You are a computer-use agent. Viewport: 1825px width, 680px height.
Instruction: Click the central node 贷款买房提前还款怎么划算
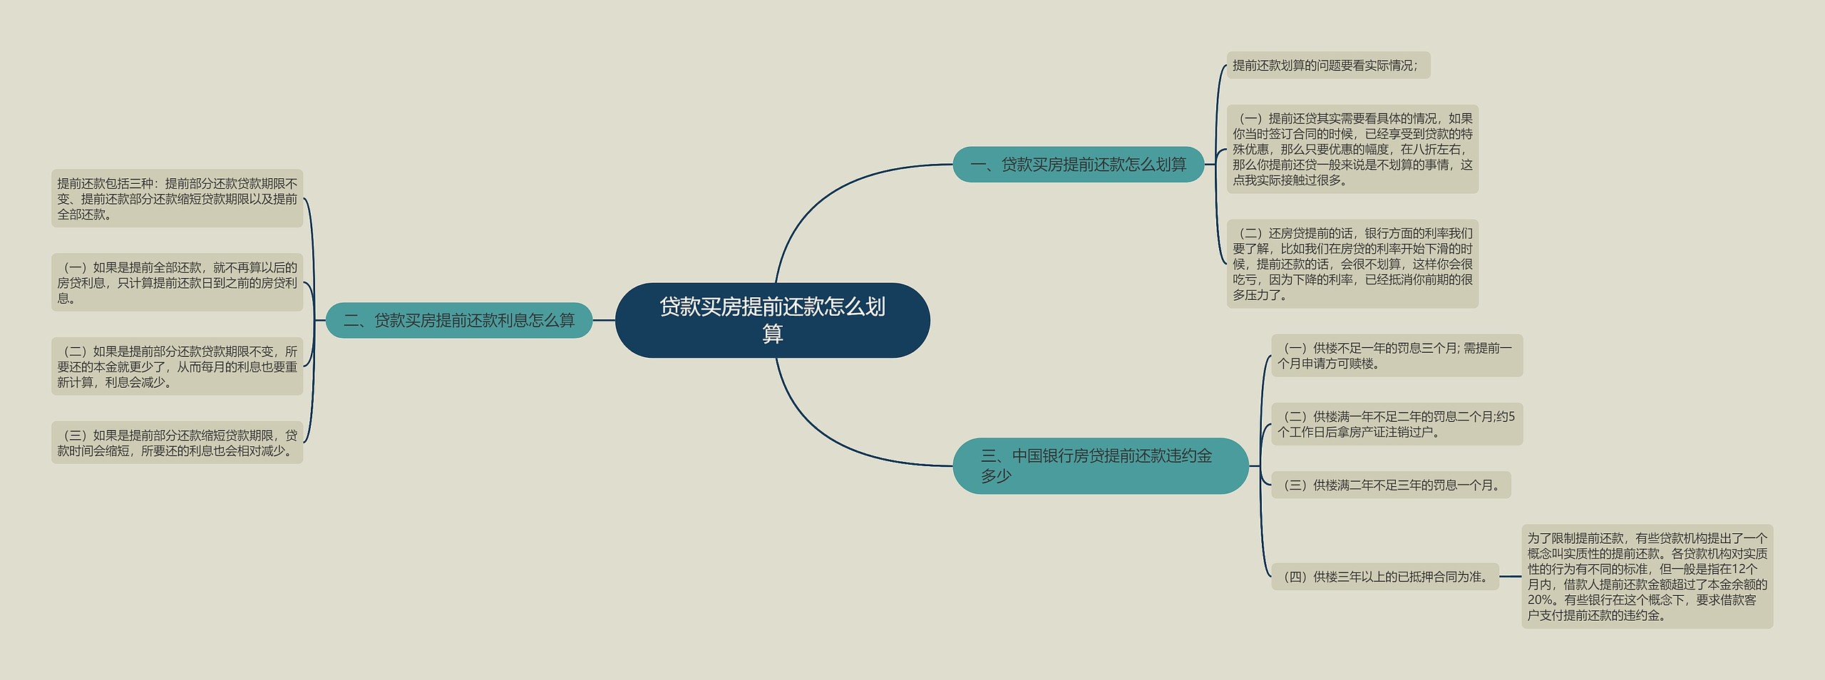coord(772,320)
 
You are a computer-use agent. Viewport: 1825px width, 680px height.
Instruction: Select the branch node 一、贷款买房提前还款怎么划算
coord(1078,165)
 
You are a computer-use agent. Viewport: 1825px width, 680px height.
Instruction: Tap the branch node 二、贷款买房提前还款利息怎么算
coord(459,320)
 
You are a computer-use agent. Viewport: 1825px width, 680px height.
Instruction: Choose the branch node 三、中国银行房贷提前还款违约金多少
coord(1100,465)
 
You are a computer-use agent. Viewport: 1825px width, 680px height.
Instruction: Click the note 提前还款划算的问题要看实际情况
coord(1327,66)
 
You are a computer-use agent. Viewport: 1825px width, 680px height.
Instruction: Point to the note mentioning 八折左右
coord(1352,149)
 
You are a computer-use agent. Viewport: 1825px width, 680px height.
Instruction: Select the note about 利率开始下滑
coord(1352,264)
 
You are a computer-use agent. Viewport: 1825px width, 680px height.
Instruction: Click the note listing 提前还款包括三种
coord(177,198)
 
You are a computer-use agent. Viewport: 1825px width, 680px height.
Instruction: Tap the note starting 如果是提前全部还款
coord(177,282)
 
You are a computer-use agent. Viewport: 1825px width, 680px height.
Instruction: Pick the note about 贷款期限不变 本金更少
coord(177,366)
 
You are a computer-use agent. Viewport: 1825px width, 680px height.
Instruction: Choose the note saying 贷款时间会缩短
coord(177,443)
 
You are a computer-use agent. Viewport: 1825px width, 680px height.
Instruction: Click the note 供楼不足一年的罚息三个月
coord(1397,356)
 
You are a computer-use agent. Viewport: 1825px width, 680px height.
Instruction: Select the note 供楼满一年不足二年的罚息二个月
coord(1397,424)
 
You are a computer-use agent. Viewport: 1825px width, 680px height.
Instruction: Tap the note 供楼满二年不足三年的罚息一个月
coord(1391,485)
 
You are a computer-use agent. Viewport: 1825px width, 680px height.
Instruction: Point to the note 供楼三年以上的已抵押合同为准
coord(1385,577)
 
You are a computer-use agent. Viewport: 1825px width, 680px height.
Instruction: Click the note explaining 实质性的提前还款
coord(1647,576)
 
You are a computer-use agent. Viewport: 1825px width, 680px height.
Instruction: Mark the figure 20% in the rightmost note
coord(1541,600)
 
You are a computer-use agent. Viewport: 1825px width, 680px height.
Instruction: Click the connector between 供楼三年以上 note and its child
coord(1510,577)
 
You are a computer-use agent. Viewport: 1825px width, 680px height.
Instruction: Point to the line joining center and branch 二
coord(604,320)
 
